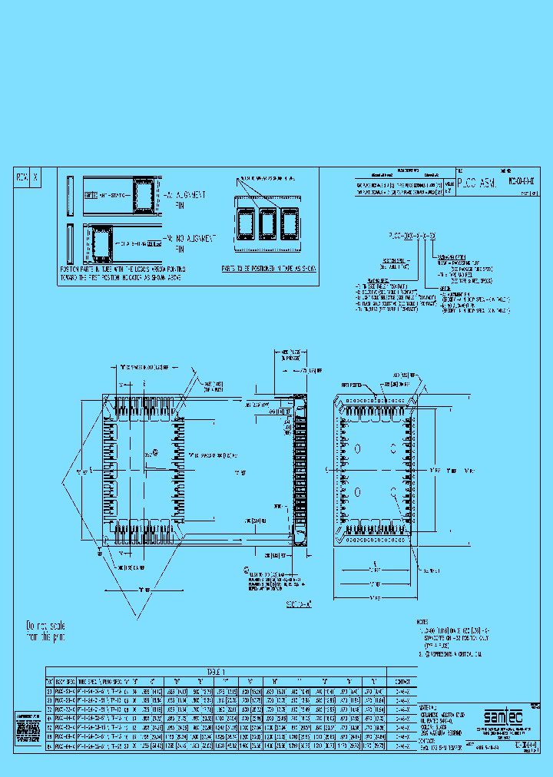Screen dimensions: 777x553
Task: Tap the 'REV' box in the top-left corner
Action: point(22,177)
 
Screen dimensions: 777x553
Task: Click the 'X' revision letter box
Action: point(34,177)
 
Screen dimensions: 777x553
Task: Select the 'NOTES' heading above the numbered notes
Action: point(425,621)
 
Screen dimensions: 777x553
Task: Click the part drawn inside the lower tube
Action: point(101,243)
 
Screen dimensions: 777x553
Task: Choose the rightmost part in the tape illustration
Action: point(290,224)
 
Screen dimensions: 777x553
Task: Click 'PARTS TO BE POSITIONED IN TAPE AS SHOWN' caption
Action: point(267,269)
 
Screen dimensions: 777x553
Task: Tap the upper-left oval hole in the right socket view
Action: point(359,448)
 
